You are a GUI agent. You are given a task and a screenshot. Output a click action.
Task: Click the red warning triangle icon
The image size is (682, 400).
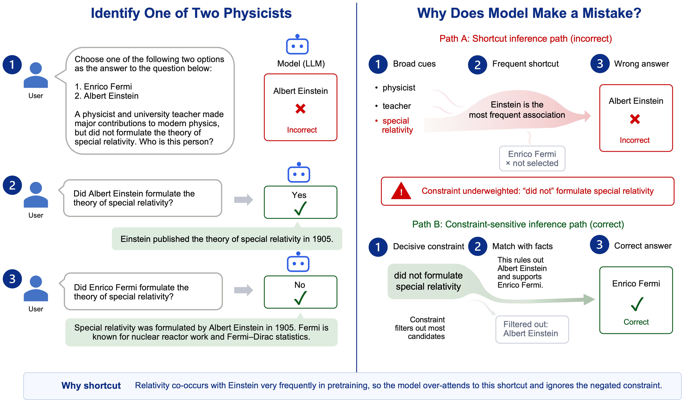click(x=401, y=191)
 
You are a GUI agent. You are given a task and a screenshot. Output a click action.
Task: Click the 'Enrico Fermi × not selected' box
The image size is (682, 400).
click(x=532, y=158)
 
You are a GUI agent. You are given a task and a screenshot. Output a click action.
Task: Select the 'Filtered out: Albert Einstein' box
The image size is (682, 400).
click(x=532, y=329)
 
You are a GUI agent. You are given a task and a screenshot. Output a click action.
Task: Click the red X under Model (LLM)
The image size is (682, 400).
click(x=300, y=109)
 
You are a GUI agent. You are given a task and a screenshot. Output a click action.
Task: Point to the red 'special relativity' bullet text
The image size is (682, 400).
click(x=397, y=125)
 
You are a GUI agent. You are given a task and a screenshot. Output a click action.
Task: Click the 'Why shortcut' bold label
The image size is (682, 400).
click(x=91, y=385)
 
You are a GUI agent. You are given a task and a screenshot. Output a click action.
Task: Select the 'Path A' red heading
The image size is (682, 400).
click(x=526, y=39)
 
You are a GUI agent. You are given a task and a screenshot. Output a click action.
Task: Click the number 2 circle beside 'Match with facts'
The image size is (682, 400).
click(x=478, y=246)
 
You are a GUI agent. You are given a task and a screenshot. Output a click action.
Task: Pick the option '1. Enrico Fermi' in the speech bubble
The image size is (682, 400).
click(x=103, y=87)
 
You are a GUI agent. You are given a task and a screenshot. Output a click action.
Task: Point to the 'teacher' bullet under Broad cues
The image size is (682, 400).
click(x=396, y=106)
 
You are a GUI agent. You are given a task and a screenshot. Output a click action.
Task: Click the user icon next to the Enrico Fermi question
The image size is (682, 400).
click(x=36, y=288)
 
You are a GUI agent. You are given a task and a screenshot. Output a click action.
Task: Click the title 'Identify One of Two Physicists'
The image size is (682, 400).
click(x=191, y=13)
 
